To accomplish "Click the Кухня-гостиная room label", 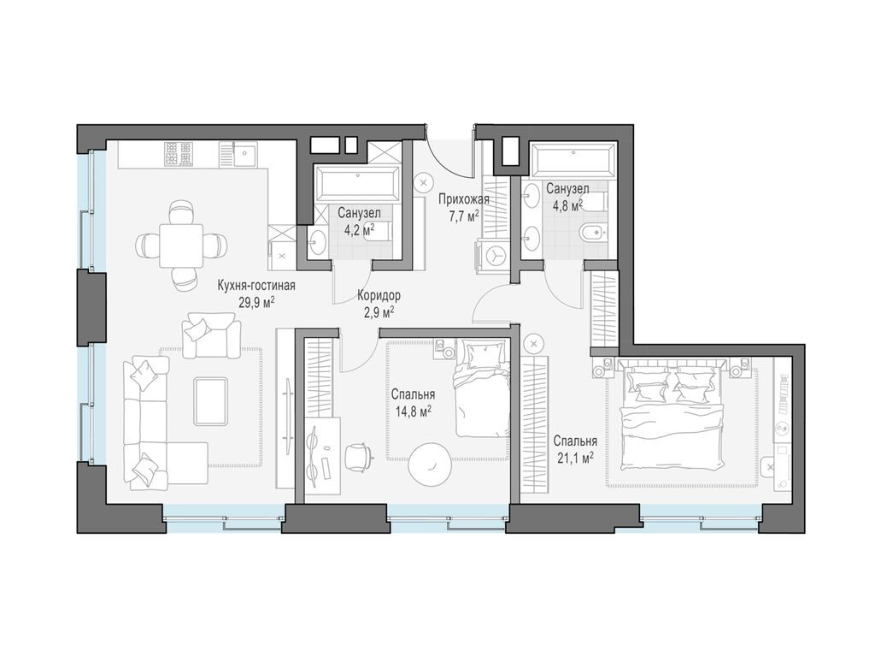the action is point(256,286).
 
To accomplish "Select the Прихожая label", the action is point(464,199).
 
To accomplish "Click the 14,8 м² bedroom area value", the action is point(413,411).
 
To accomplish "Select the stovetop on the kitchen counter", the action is point(179,154).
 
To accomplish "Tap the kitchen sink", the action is point(245,154).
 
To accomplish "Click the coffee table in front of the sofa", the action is point(210,401).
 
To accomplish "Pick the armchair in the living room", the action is point(210,335).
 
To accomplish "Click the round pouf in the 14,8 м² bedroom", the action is point(430,462).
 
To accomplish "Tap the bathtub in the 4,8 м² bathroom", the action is point(573,161).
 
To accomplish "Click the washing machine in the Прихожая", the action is point(493,256).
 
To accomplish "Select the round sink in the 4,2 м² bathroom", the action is point(318,243).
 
